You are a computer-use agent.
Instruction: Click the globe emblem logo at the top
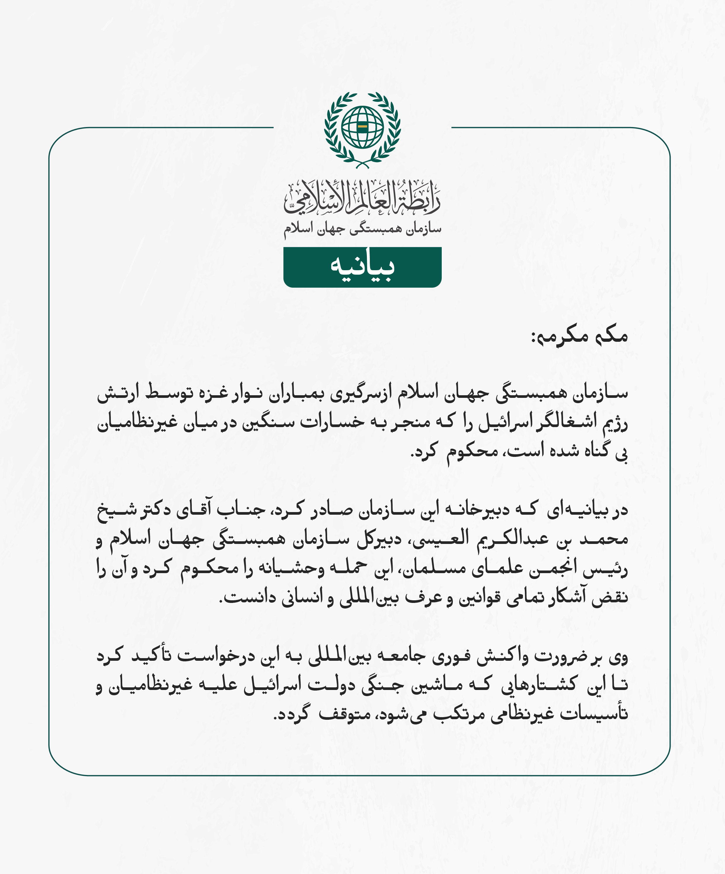(x=362, y=129)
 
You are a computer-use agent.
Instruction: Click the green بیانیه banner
(x=362, y=267)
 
